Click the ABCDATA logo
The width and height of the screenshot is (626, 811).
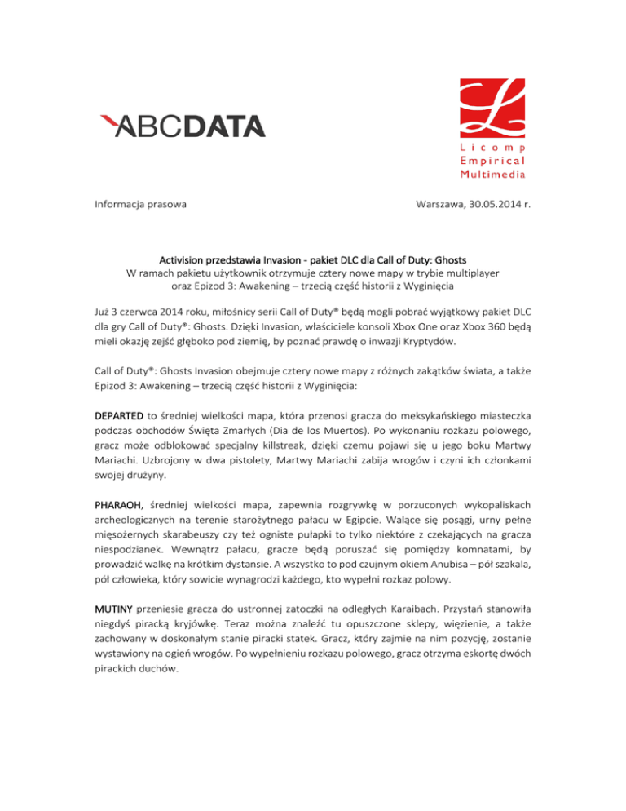tap(182, 126)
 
